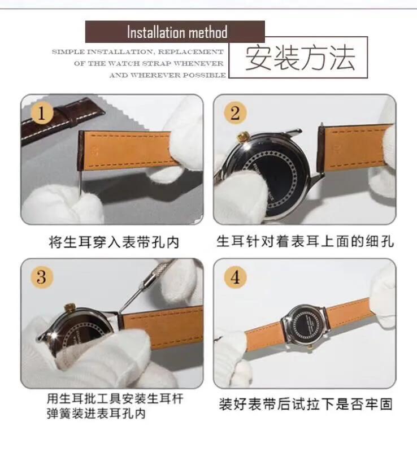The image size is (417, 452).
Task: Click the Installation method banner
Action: [x=175, y=32]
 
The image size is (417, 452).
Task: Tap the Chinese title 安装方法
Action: [x=300, y=58]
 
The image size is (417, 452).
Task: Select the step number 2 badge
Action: [x=235, y=113]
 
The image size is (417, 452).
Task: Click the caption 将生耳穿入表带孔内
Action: [x=114, y=242]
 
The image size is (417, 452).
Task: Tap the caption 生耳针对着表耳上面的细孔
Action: [x=305, y=242]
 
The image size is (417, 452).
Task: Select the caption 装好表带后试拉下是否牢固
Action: [x=305, y=405]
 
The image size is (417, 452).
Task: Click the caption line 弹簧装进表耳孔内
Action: [x=95, y=414]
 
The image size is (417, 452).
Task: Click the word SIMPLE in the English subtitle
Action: [x=68, y=51]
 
